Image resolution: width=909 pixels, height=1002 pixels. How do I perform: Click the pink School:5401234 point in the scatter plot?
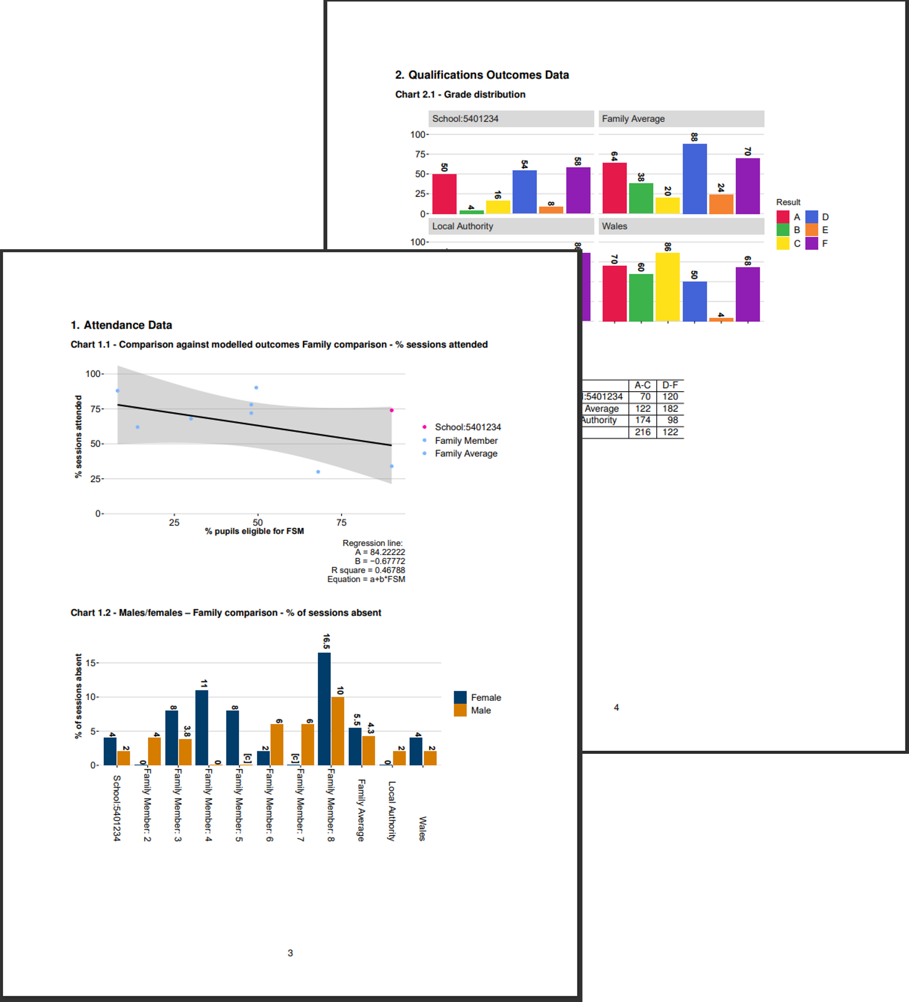pos(392,410)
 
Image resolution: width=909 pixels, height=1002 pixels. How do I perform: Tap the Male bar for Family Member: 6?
pos(277,744)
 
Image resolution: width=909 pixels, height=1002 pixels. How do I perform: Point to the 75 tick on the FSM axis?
pos(342,523)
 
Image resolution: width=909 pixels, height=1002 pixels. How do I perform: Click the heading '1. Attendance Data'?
pos(121,325)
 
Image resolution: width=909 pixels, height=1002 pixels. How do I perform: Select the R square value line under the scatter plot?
pos(368,570)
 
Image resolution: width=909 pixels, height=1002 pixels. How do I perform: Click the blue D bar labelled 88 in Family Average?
pos(694,179)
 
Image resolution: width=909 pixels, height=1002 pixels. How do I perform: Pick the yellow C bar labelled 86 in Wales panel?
pos(668,287)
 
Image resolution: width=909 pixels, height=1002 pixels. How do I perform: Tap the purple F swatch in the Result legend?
pos(811,244)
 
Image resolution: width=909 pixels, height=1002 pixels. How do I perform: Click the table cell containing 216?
pos(642,432)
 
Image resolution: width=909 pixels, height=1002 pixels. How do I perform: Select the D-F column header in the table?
pos(670,385)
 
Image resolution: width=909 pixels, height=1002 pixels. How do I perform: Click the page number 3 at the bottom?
pos(290,953)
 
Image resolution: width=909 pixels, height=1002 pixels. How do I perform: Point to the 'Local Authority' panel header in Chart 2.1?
pos(463,226)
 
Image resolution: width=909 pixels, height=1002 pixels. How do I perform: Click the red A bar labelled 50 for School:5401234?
pos(444,194)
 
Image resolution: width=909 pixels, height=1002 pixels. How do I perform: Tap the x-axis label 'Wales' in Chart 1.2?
pos(423,828)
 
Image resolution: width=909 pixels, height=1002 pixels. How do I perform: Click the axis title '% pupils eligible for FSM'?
pos(254,531)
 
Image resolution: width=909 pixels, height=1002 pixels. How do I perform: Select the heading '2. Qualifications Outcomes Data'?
pos(482,75)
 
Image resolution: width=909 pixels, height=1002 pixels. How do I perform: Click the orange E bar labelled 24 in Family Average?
pos(721,204)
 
